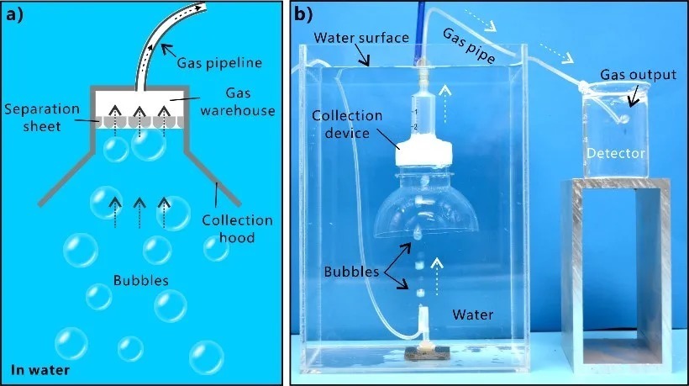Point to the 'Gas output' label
[638, 76]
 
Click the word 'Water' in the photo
[474, 315]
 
